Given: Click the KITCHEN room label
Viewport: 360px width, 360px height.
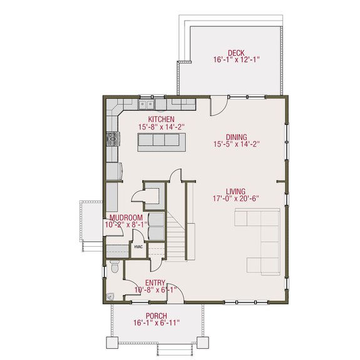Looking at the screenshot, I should [160, 119].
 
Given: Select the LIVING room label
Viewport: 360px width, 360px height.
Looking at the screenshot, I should [236, 192].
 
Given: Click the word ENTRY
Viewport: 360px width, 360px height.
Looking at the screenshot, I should [155, 282].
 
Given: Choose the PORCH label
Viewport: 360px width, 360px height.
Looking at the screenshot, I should [156, 315].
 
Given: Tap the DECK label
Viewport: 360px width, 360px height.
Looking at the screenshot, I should [236, 53].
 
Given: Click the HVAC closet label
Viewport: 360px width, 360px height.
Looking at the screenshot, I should [138, 247].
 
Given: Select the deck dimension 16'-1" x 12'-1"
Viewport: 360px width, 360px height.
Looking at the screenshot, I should [236, 61].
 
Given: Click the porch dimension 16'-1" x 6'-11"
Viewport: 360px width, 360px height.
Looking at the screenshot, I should [156, 323].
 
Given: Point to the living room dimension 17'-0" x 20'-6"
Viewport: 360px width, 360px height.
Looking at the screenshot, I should [236, 199].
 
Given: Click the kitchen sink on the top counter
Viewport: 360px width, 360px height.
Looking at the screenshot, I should [147, 104].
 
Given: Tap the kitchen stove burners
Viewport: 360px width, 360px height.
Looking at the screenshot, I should [113, 138].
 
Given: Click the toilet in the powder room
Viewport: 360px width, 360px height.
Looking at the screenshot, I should [114, 268].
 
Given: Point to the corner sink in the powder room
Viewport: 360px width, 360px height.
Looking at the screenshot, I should [110, 297].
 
